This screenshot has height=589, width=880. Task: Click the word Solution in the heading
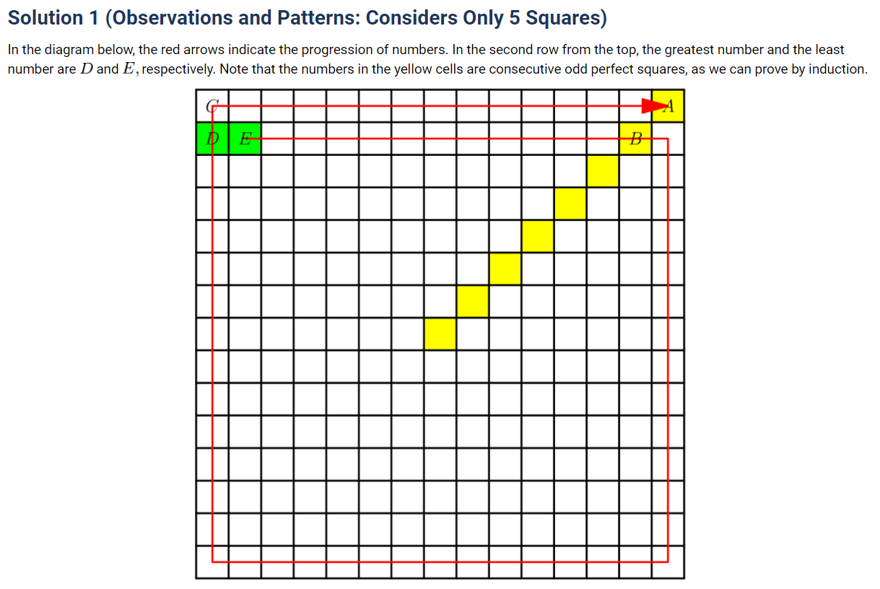click(45, 17)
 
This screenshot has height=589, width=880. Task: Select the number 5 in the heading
click(515, 17)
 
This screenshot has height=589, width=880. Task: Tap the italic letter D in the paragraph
click(87, 69)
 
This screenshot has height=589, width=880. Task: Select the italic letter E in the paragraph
click(128, 69)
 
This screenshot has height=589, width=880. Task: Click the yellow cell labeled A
click(668, 106)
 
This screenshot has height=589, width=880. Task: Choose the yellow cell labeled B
click(635, 139)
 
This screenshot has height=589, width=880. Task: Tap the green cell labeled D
click(212, 139)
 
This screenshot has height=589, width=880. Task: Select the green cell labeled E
click(245, 139)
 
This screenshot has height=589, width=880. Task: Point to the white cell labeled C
click(212, 106)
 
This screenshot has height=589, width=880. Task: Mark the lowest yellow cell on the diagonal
click(440, 334)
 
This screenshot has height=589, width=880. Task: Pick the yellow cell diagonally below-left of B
click(603, 171)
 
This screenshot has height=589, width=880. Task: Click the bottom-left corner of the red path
click(212, 562)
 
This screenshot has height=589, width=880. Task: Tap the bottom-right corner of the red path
click(668, 562)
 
